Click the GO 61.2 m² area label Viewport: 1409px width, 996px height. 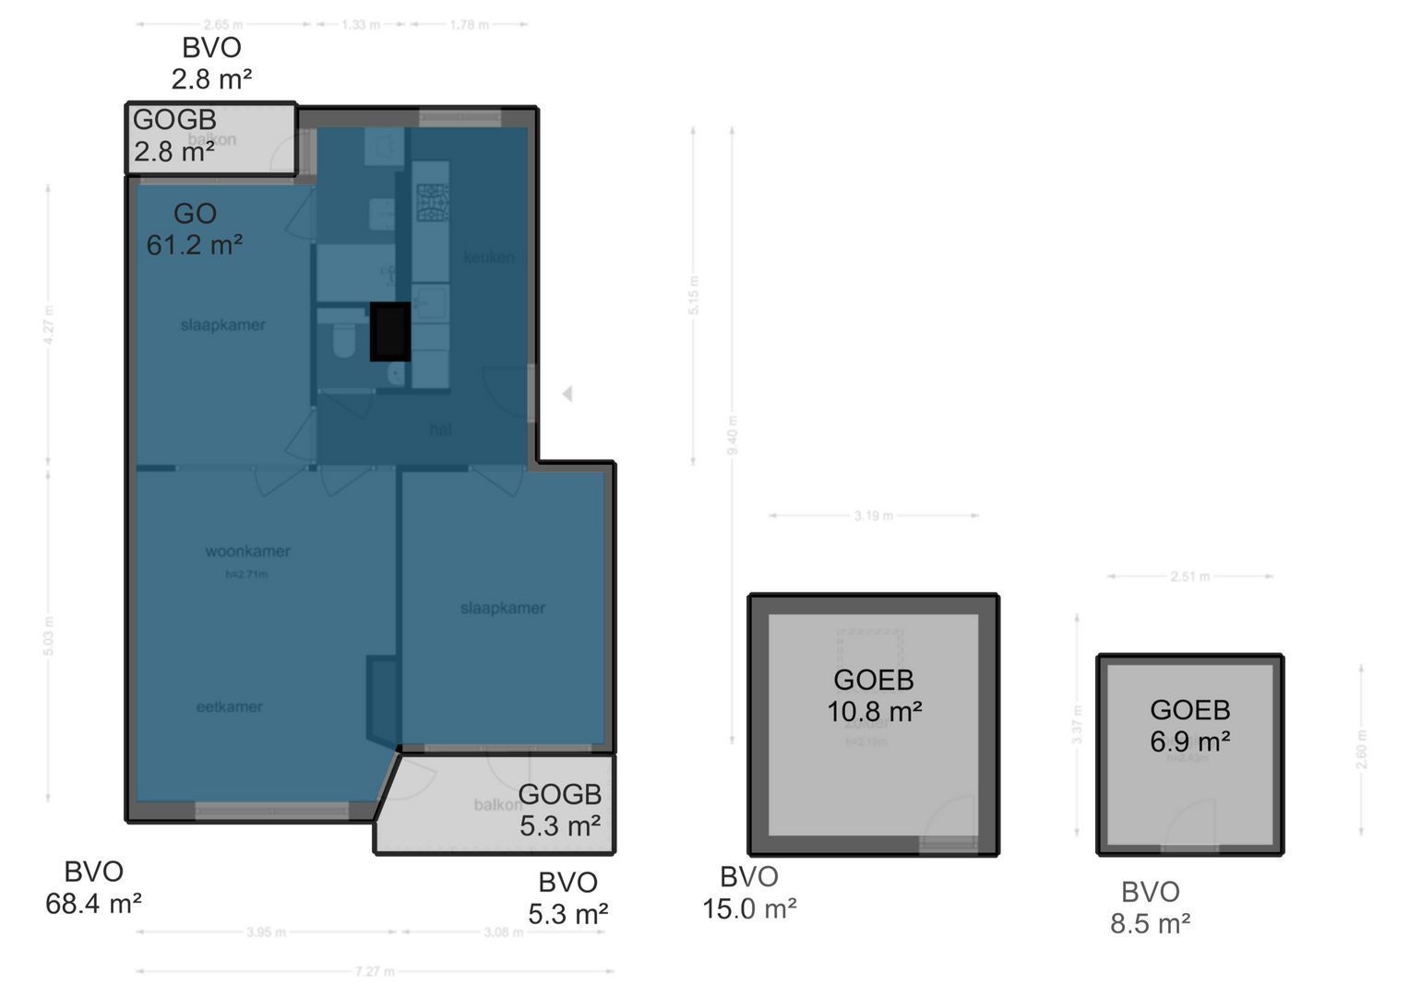tap(195, 230)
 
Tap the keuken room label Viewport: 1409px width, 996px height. tap(489, 257)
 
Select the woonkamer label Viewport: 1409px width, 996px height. tap(247, 551)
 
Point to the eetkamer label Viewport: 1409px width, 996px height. tap(229, 707)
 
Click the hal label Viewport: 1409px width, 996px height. tap(440, 429)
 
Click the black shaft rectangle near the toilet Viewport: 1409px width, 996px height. tap(389, 332)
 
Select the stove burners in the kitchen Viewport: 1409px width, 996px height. tap(432, 203)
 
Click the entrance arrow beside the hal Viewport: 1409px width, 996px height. tap(567, 394)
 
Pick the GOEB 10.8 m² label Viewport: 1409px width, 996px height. tap(874, 695)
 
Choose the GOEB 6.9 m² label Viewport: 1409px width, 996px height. tap(1189, 725)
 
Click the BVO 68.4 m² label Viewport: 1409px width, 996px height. tap(93, 887)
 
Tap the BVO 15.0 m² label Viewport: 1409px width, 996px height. tap(749, 893)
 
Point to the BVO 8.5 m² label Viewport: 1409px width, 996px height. tap(1150, 907)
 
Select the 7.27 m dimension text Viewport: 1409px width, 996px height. tap(375, 971)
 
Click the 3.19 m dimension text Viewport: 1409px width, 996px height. tap(873, 516)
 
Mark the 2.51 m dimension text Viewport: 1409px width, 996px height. tap(1189, 576)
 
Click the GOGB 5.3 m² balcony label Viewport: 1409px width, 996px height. tap(559, 810)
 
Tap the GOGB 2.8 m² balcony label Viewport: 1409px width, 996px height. tap(174, 135)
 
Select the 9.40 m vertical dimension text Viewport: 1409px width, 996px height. tap(732, 435)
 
